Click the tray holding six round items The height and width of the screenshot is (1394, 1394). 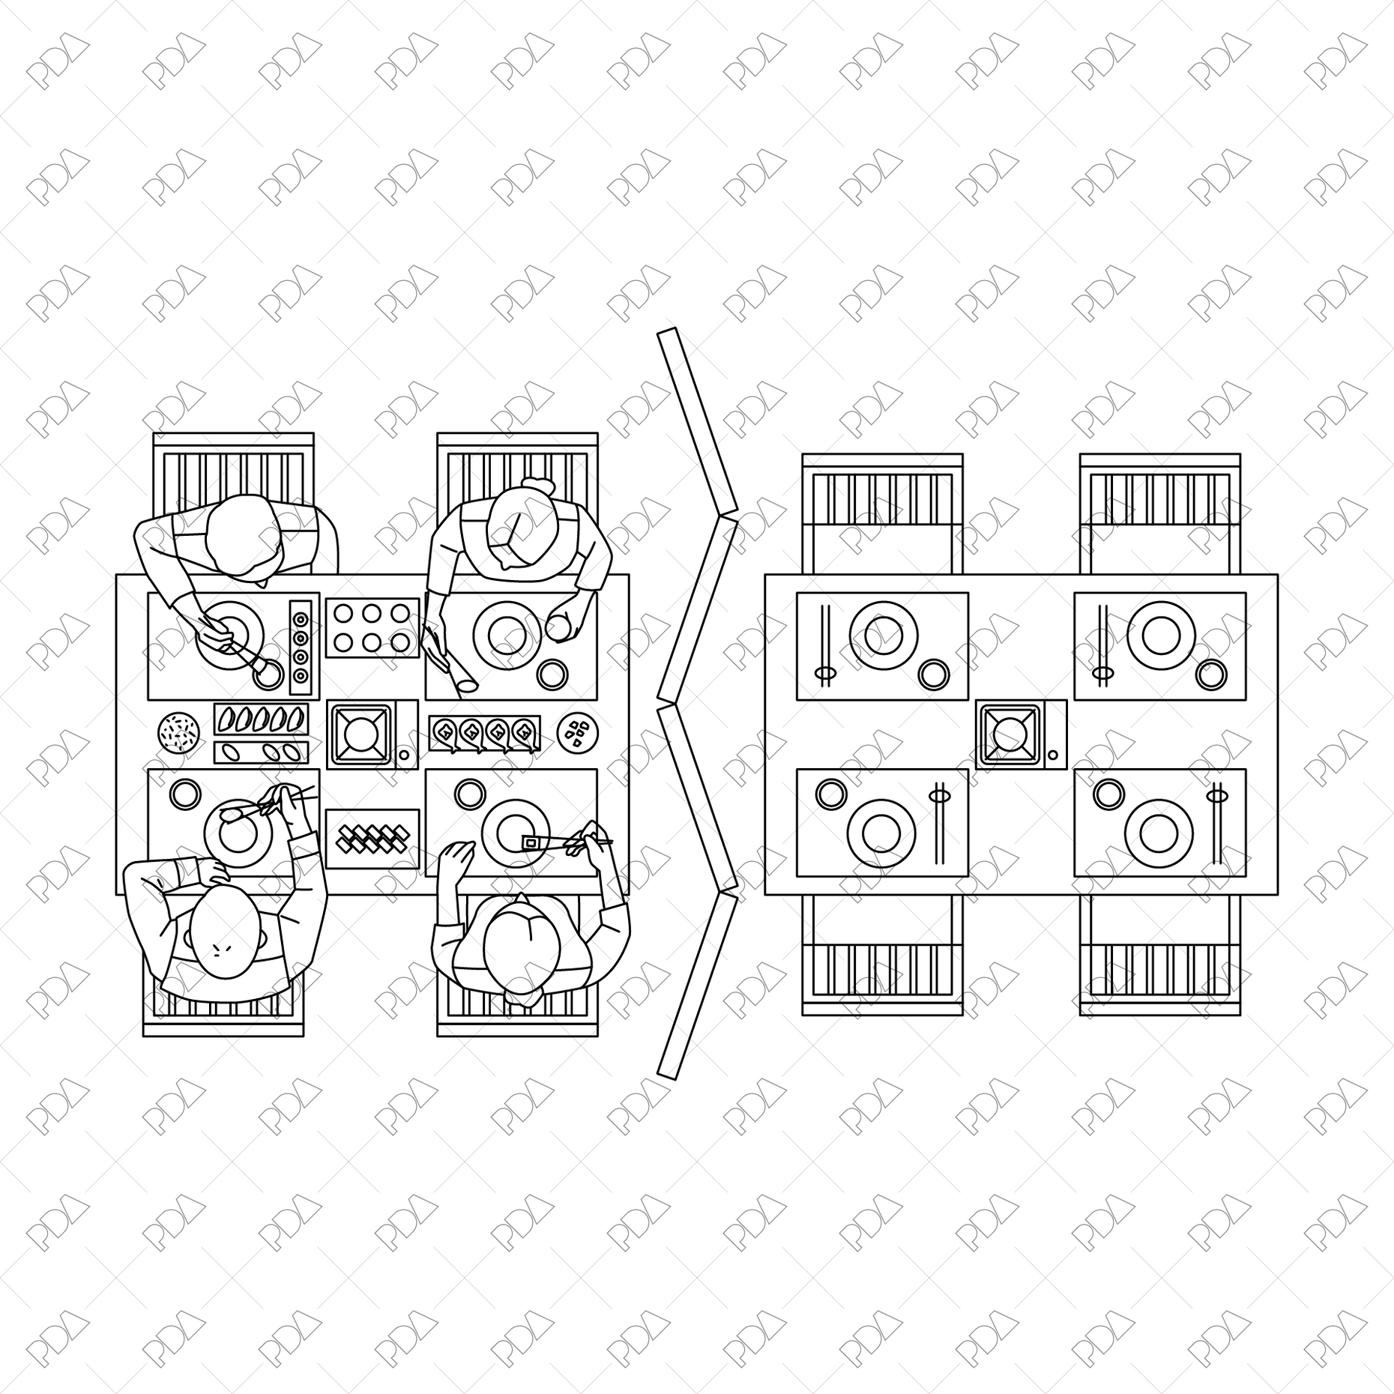tap(372, 628)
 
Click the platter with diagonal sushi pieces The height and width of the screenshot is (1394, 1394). tap(372, 838)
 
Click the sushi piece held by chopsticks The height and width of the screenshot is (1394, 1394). tap(531, 843)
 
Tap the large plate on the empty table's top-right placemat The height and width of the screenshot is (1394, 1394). tap(1161, 635)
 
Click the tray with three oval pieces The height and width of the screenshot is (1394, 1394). tap(261, 752)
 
